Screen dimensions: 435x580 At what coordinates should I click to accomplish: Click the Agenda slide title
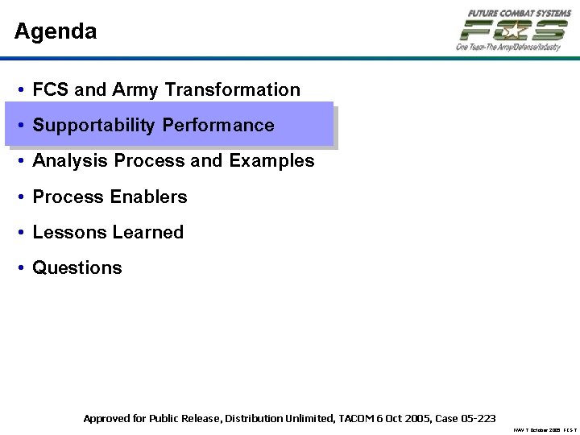[x=56, y=32]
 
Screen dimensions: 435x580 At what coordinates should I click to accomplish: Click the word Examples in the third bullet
[x=271, y=161]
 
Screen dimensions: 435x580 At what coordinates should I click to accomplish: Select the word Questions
[x=77, y=268]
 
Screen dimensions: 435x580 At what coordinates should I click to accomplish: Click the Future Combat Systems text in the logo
[x=520, y=13]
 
